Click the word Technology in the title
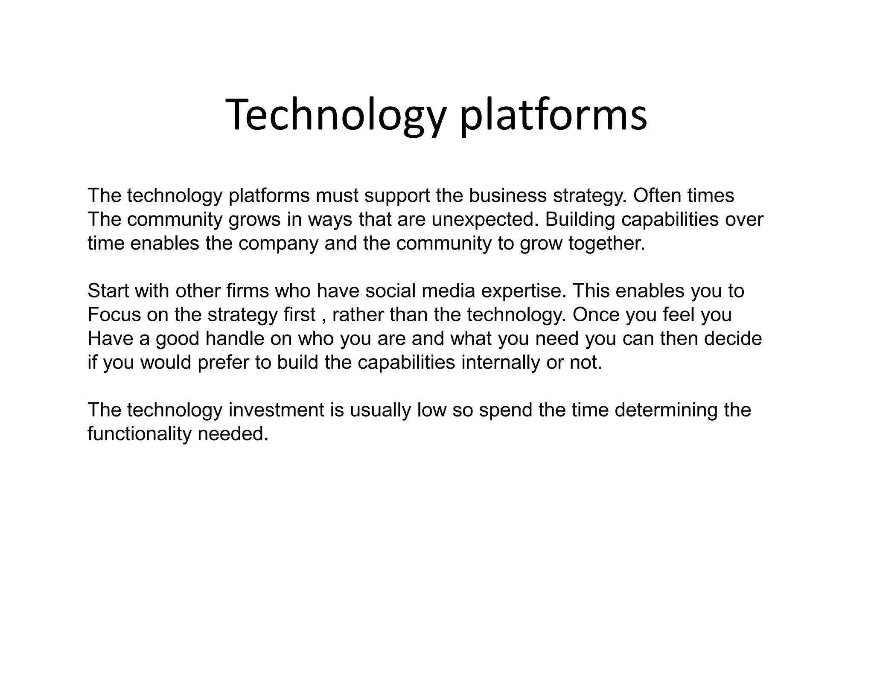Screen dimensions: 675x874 (335, 115)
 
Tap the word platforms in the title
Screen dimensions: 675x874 (554, 115)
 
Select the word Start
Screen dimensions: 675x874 (108, 291)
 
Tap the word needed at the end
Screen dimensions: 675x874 (233, 434)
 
